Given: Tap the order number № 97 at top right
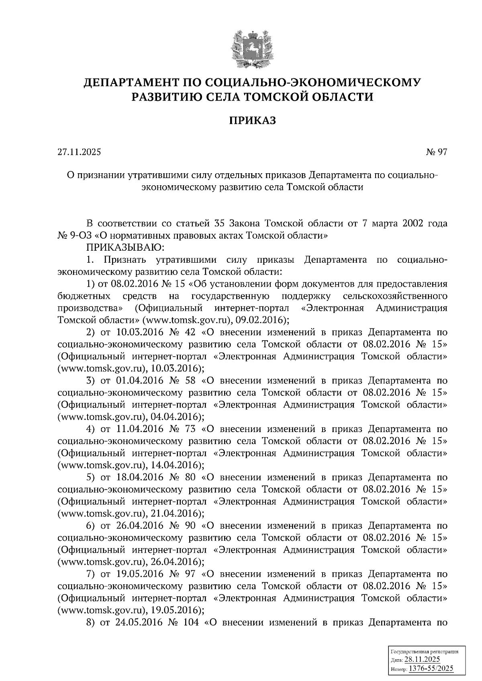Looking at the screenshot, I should [437, 152].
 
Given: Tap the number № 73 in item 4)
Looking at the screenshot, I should [185, 429].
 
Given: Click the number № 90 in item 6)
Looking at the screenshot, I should [185, 525].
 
